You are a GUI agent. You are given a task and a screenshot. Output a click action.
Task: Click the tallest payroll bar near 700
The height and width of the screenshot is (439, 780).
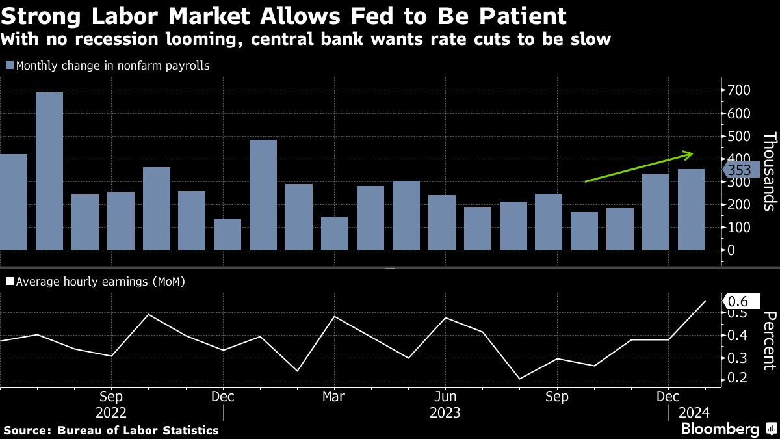pyautogui.click(x=49, y=171)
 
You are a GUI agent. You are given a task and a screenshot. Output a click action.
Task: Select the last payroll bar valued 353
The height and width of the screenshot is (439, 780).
pyautogui.click(x=692, y=209)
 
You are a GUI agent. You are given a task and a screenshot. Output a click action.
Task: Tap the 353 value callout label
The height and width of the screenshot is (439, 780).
pyautogui.click(x=741, y=170)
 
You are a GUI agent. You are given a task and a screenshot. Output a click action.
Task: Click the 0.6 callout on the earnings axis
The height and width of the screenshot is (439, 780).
pyautogui.click(x=741, y=301)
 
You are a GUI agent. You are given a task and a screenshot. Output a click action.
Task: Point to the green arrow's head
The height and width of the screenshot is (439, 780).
pyautogui.click(x=688, y=155)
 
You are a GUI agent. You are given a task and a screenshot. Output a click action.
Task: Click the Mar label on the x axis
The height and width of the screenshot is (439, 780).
pyautogui.click(x=333, y=397)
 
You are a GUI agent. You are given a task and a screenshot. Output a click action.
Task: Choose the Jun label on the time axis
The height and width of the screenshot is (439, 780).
pyautogui.click(x=445, y=397)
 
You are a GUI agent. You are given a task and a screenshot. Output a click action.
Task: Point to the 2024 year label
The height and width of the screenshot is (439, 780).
pyautogui.click(x=694, y=413)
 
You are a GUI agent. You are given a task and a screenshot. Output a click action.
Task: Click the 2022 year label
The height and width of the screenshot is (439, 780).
pyautogui.click(x=110, y=413)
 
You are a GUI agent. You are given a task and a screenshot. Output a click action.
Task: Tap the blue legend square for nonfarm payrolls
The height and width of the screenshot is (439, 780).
pyautogui.click(x=10, y=65)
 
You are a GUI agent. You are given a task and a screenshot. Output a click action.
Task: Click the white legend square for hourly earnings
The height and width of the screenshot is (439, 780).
pyautogui.click(x=10, y=281)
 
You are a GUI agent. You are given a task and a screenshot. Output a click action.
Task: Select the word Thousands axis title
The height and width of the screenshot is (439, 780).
pyautogui.click(x=770, y=172)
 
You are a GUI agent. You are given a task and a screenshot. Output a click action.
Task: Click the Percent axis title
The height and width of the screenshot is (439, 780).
pyautogui.click(x=770, y=341)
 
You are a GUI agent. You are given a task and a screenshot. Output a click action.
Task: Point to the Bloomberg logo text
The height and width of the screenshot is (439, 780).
pyautogui.click(x=720, y=428)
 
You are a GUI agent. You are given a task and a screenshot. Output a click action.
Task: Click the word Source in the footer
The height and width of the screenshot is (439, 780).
pyautogui.click(x=28, y=430)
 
